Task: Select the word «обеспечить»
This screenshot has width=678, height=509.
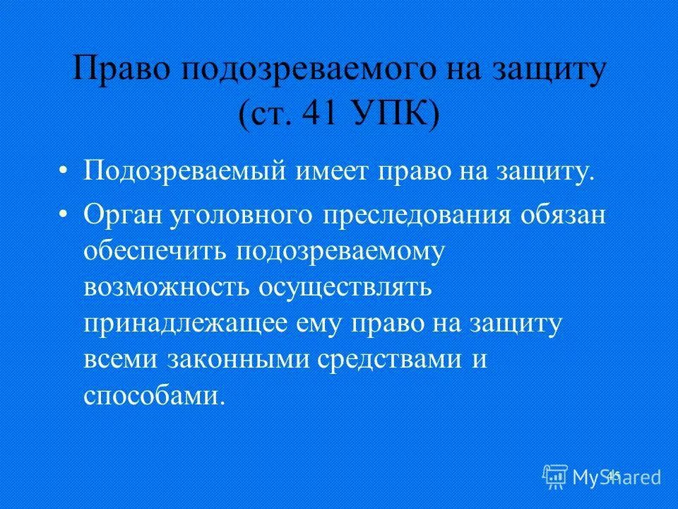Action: pos(155,252)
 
